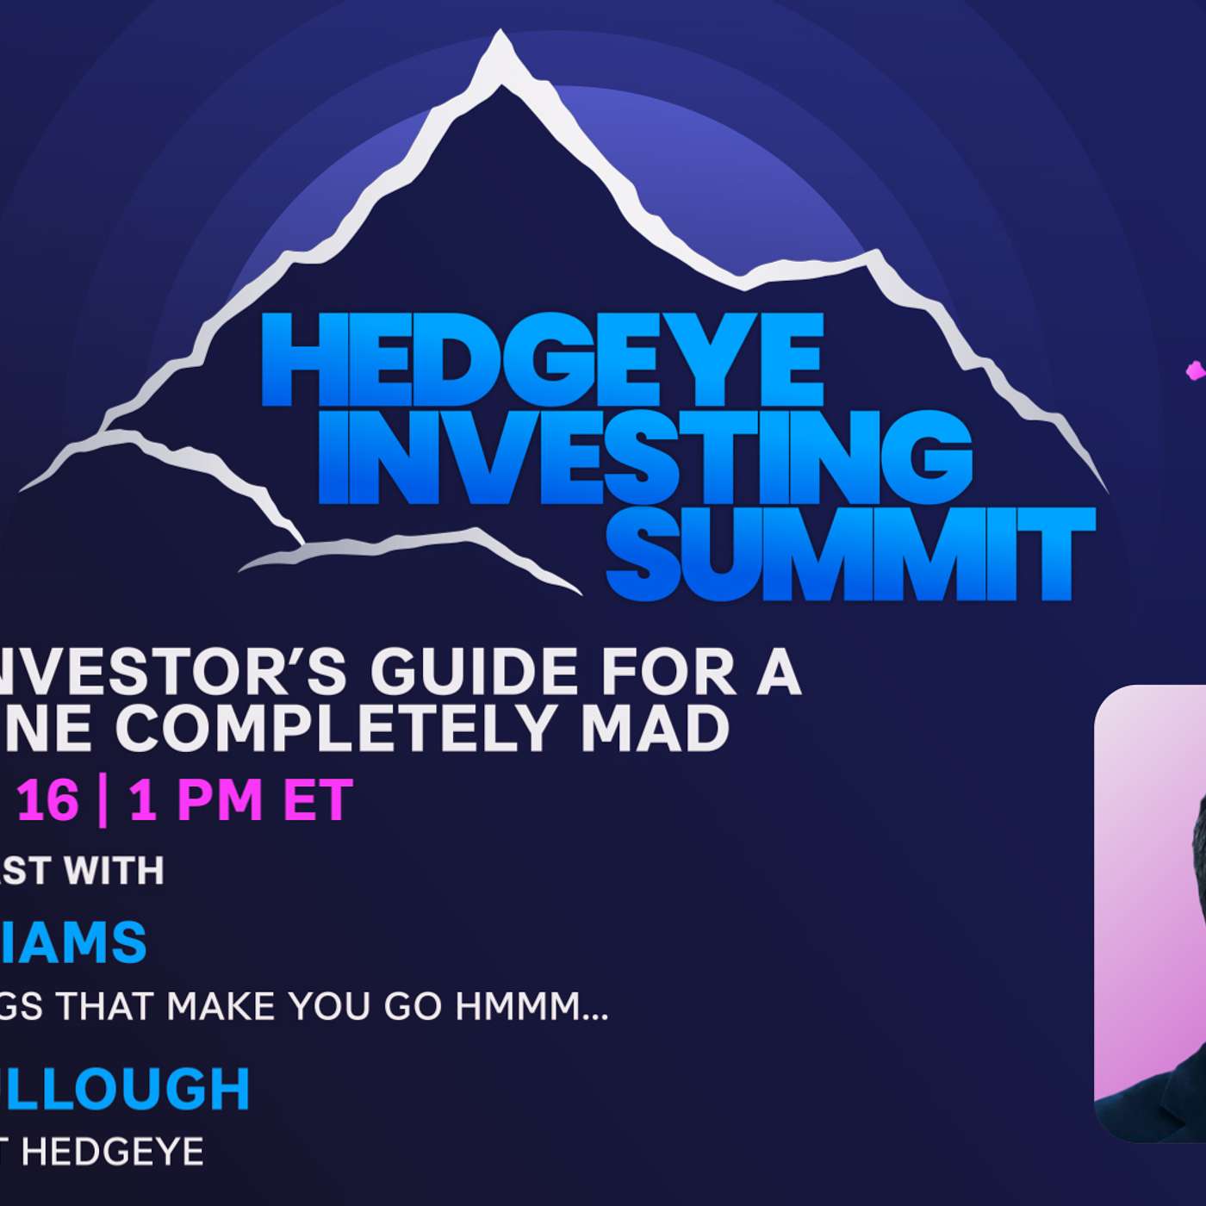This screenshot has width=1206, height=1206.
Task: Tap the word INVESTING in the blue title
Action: (644, 457)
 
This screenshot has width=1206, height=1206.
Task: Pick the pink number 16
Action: (47, 800)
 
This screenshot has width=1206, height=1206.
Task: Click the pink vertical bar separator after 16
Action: (103, 800)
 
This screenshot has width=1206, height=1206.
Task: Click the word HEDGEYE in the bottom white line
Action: (112, 1152)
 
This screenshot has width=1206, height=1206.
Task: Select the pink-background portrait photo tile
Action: (1150, 913)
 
